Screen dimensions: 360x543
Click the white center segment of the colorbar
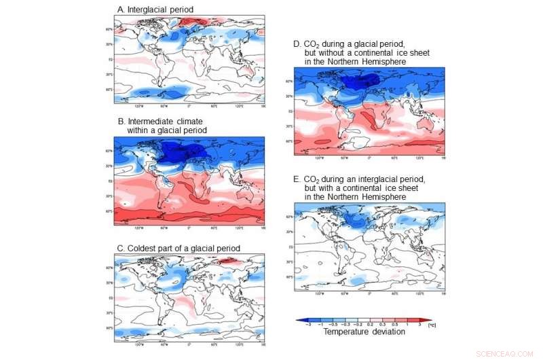coord(364,319)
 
